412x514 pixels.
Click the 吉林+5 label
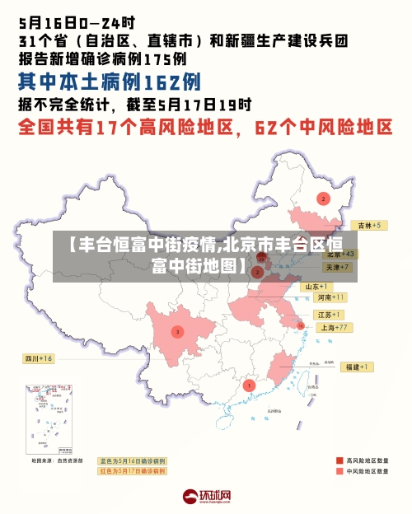coord(366,225)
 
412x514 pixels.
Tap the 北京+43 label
coord(340,255)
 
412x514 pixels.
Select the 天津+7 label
coord(338,268)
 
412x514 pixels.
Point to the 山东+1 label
coord(318,286)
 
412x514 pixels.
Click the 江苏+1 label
coord(329,315)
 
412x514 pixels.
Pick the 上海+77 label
coord(335,327)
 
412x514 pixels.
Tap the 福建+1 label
coord(358,367)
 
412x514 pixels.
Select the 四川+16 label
coord(38,358)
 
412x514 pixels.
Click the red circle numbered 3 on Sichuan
coord(177,332)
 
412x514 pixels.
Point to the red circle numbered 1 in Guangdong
coord(250,385)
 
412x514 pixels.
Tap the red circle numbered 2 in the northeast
coord(323,199)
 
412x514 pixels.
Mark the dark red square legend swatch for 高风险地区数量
coord(339,460)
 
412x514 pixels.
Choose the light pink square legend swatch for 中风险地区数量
coord(339,472)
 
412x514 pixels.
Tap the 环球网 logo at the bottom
coord(207,496)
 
